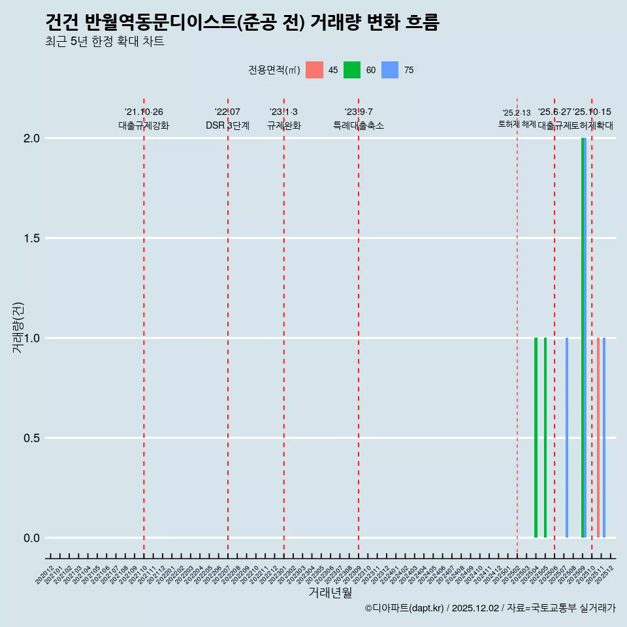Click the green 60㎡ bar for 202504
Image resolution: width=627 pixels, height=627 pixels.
click(x=536, y=438)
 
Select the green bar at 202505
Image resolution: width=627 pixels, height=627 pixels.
click(x=545, y=438)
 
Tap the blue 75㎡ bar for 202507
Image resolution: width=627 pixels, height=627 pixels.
click(x=567, y=438)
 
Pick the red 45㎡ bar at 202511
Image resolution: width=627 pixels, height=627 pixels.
click(x=598, y=438)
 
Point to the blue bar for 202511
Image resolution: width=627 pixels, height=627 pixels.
click(x=604, y=438)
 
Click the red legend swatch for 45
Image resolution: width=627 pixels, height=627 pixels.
click(x=314, y=70)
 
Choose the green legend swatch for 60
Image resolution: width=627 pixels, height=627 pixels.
click(x=352, y=70)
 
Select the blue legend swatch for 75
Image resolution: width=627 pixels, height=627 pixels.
click(x=390, y=70)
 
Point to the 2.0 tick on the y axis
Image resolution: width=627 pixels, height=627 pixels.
click(x=31, y=138)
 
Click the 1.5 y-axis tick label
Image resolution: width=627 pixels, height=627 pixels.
click(x=31, y=238)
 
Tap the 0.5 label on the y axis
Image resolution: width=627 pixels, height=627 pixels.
click(x=31, y=438)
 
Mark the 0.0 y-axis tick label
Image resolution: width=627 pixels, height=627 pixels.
click(x=31, y=538)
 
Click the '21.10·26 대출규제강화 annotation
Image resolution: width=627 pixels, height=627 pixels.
click(x=144, y=119)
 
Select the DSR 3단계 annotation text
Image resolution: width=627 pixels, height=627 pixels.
click(x=227, y=126)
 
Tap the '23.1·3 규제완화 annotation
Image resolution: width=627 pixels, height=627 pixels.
click(x=283, y=119)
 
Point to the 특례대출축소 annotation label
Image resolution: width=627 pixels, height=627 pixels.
click(x=359, y=126)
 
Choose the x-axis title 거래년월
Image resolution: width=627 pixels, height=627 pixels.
click(x=330, y=593)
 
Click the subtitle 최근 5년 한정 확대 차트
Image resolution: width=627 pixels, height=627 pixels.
click(x=104, y=42)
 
